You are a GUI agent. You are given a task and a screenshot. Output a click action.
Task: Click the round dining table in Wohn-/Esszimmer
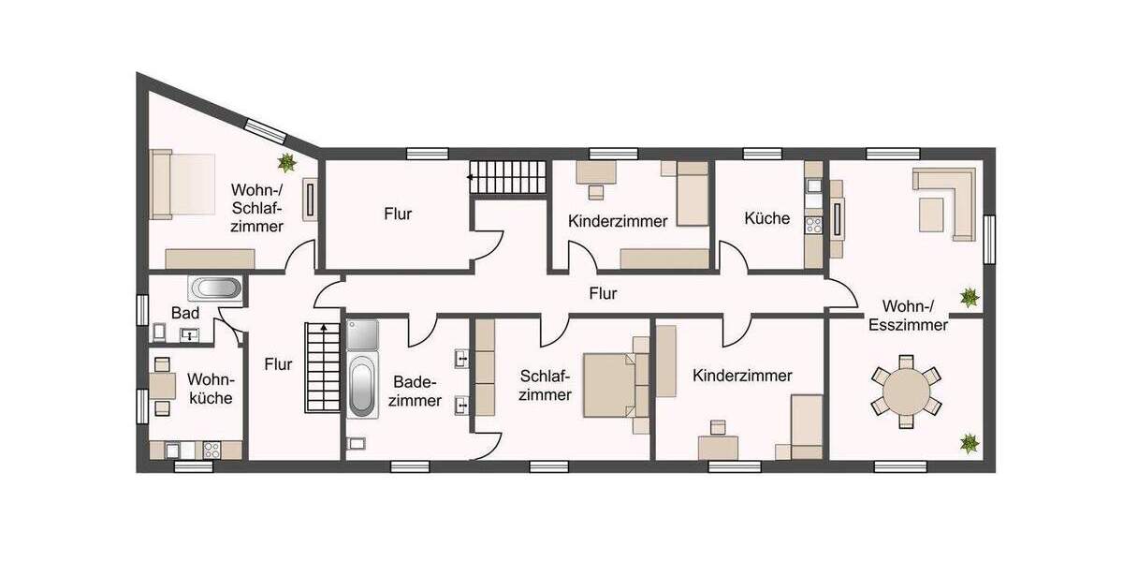[x=905, y=391]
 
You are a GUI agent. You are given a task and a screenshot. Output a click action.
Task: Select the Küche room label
[x=766, y=218]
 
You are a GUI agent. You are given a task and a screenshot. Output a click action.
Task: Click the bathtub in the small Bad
[x=215, y=288]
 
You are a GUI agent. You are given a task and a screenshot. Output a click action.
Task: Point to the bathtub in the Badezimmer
[x=362, y=389]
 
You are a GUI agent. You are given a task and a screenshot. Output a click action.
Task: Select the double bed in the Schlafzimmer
[x=610, y=384]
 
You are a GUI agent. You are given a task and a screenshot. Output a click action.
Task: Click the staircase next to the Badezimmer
[x=320, y=366]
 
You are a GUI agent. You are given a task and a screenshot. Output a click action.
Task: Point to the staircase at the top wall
[x=506, y=176]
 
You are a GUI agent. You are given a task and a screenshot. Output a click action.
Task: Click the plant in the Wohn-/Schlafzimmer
[x=287, y=163]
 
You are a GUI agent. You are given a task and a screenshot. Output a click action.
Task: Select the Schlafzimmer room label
[x=545, y=385]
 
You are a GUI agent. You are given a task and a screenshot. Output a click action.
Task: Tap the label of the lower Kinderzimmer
[x=742, y=376]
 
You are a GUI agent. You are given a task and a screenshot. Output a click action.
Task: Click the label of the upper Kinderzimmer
[x=618, y=222]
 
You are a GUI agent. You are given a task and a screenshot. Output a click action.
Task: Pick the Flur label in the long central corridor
[x=603, y=293]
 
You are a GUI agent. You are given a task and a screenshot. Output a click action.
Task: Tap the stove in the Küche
[x=813, y=225]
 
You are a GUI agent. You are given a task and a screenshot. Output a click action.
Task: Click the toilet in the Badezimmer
[x=357, y=443]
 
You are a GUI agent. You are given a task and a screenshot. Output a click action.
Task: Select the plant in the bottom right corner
[x=969, y=440]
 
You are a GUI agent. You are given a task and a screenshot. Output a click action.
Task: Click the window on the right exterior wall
[x=989, y=240]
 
